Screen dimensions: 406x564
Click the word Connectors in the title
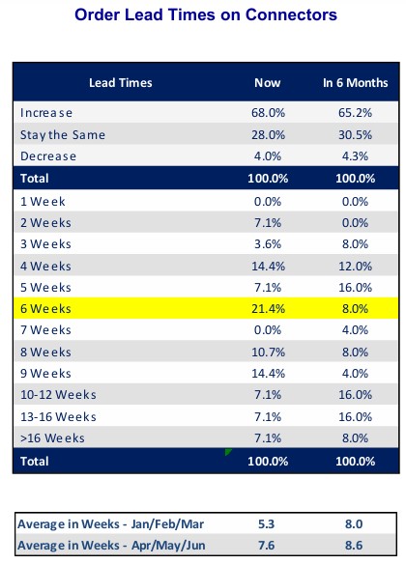click(x=291, y=14)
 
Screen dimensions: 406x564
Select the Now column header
click(x=268, y=83)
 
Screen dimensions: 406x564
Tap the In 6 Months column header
click(x=356, y=83)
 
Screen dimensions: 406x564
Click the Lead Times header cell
click(x=121, y=83)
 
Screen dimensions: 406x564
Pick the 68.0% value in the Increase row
click(x=268, y=113)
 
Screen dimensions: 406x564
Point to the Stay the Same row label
click(x=63, y=135)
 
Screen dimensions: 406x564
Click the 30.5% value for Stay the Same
click(x=355, y=135)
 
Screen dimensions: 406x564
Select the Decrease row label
click(x=48, y=156)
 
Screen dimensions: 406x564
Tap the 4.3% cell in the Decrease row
click(x=355, y=156)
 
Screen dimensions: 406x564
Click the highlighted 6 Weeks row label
click(x=45, y=309)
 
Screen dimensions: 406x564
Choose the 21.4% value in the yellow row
click(x=268, y=309)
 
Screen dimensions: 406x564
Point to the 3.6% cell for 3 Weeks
click(x=268, y=244)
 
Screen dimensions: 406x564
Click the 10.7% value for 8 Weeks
click(x=268, y=352)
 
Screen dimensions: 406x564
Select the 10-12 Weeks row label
click(x=58, y=395)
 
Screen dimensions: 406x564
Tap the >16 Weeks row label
click(x=52, y=437)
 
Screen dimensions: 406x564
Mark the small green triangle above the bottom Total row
click(x=228, y=452)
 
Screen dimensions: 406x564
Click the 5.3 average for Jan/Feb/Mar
click(x=267, y=524)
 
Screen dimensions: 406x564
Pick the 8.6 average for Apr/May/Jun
click(x=354, y=546)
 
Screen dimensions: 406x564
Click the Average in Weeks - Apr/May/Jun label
click(x=111, y=546)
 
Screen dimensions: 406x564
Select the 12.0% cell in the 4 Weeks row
click(x=355, y=267)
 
